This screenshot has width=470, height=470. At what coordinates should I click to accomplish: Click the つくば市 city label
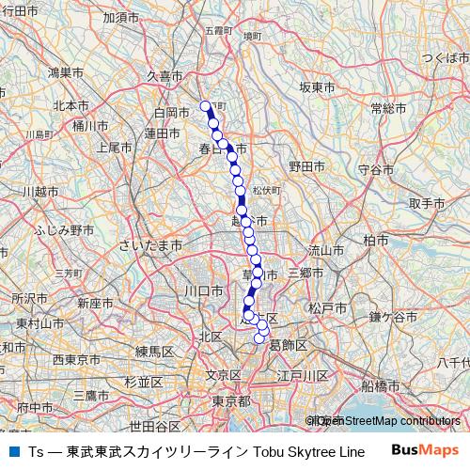click(445, 58)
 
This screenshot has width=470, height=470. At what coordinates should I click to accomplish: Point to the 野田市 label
click(306, 165)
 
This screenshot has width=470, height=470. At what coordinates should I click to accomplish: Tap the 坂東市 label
click(317, 86)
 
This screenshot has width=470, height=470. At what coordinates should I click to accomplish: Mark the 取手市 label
click(425, 203)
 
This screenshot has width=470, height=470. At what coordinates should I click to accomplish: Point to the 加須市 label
click(121, 17)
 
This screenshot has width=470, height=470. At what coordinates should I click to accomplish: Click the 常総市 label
click(387, 108)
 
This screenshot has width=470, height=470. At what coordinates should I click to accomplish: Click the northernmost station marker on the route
click(206, 105)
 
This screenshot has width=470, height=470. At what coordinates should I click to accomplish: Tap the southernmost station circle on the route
click(259, 338)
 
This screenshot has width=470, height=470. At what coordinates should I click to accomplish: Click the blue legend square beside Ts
click(13, 451)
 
